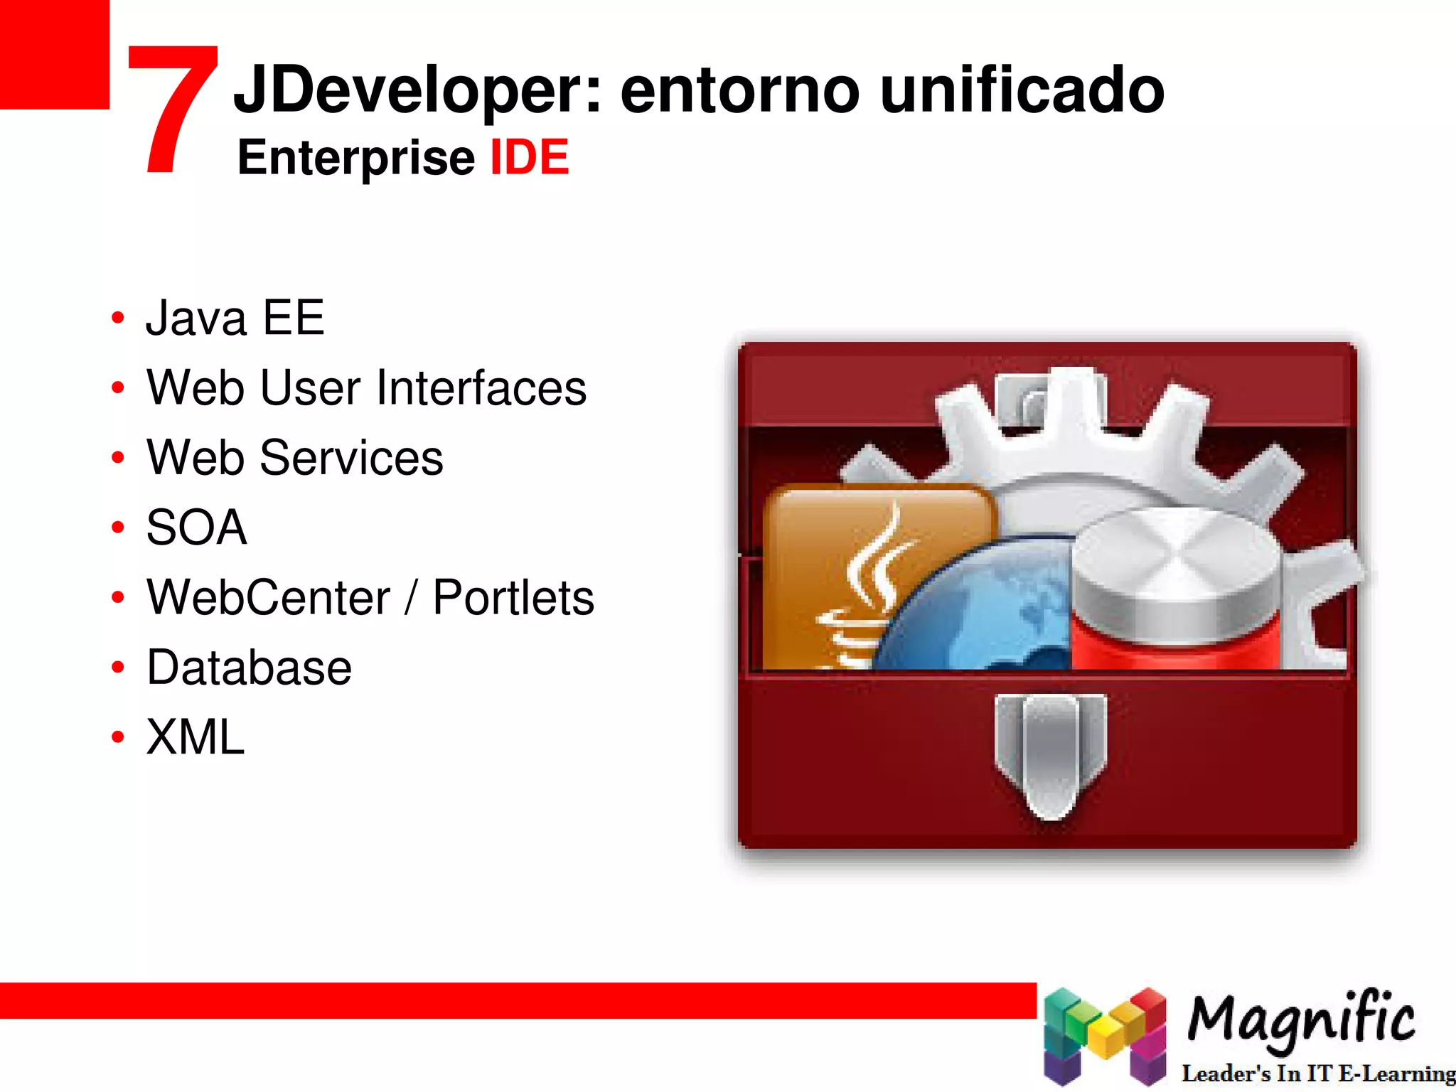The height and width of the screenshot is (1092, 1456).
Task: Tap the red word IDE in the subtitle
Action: pos(530,157)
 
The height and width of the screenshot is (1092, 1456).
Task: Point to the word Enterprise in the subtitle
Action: pos(355,159)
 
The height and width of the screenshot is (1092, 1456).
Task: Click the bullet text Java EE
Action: pos(235,317)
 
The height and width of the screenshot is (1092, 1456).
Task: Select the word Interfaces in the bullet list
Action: pos(481,387)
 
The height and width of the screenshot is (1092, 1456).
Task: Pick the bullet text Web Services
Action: pos(295,457)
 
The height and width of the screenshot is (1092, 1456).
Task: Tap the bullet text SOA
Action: pos(197,528)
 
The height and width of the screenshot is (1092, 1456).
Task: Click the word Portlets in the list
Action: pos(513,597)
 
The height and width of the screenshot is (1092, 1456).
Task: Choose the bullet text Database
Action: pos(249,668)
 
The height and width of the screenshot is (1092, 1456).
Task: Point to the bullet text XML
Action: pos(196,737)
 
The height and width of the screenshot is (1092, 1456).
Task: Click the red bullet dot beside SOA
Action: pos(118,528)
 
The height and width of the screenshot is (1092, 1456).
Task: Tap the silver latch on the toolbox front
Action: pos(1050,754)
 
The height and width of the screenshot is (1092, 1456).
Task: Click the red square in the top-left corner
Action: pos(54,54)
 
